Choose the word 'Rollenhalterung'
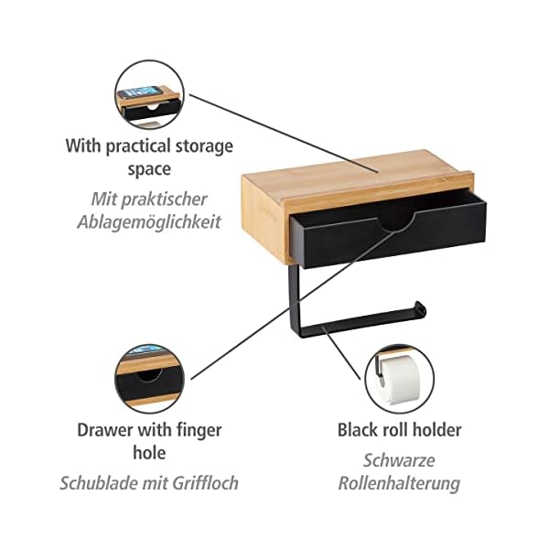point(399,483)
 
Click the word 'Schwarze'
point(399,459)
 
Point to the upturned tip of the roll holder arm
point(420,306)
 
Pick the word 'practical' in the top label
point(143,145)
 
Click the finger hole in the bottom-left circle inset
point(145,376)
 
